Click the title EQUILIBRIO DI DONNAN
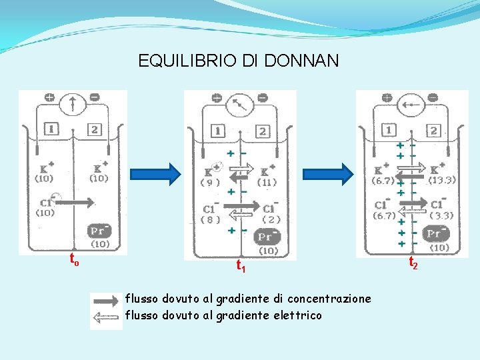pyautogui.click(x=238, y=61)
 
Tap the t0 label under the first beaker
pyautogui.click(x=74, y=259)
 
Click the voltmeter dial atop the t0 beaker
pyautogui.click(x=72, y=103)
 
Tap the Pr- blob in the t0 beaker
pyautogui.click(x=100, y=231)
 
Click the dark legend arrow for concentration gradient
pyautogui.click(x=107, y=301)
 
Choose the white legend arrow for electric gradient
pyautogui.click(x=107, y=319)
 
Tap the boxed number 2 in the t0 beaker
pyautogui.click(x=95, y=129)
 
